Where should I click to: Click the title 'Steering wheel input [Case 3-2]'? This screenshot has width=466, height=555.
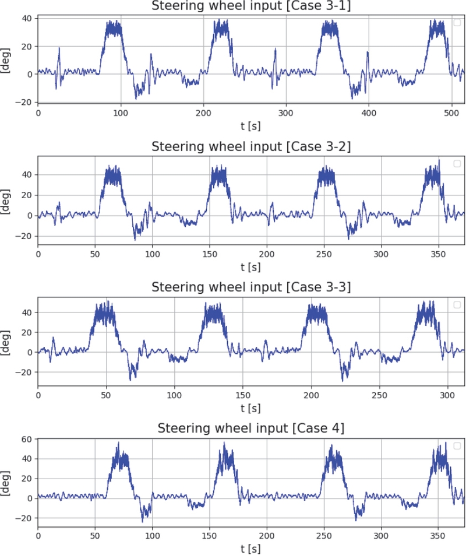point(251,147)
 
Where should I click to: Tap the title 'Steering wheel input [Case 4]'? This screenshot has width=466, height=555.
point(251,428)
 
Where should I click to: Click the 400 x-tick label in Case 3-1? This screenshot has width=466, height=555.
point(369,113)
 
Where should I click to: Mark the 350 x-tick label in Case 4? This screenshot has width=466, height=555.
point(438,536)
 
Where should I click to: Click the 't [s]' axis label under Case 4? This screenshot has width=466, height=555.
point(251,548)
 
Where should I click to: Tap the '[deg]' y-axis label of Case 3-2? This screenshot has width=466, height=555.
point(7,203)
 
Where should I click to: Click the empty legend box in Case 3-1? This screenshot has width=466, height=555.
point(457,23)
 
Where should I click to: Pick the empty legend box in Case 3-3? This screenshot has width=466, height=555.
point(457,304)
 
